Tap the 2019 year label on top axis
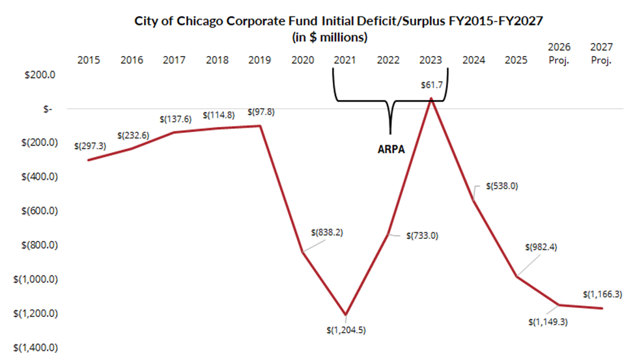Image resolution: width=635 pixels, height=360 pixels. pyautogui.click(x=261, y=61)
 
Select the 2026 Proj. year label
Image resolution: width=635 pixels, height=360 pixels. pyautogui.click(x=559, y=53)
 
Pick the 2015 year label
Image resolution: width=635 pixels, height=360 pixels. pyautogui.click(x=89, y=61)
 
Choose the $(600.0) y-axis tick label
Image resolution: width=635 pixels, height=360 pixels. pyautogui.click(x=36, y=211)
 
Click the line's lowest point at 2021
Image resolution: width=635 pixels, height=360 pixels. pyautogui.click(x=345, y=314)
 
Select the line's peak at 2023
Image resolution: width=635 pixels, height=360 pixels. pyautogui.click(x=431, y=98)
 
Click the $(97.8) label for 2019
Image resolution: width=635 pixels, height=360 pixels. pyautogui.click(x=261, y=112)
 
